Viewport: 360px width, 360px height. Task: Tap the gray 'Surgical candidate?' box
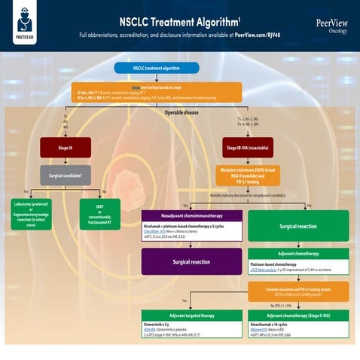[66, 175]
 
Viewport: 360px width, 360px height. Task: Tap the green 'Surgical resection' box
[299, 225]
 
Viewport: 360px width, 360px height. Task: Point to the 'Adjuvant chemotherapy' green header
[299, 254]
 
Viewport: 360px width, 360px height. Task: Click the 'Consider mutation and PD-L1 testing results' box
[299, 289]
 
